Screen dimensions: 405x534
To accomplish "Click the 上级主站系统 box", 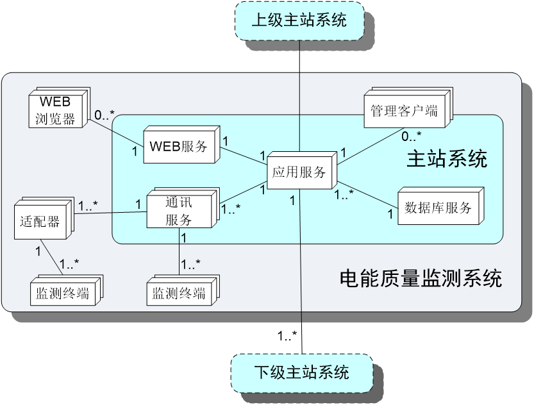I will click(x=299, y=20).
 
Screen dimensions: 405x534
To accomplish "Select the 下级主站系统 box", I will click(x=301, y=372).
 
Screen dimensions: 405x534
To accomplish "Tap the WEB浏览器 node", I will click(x=56, y=110).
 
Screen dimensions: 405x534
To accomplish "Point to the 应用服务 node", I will click(x=299, y=172).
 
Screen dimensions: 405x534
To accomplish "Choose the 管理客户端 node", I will click(x=404, y=111).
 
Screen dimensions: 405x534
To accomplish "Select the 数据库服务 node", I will click(x=438, y=207).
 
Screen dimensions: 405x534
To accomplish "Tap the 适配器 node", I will click(x=41, y=221).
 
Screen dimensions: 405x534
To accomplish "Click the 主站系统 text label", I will click(x=447, y=159).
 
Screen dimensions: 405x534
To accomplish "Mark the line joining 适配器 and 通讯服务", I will click(x=109, y=213).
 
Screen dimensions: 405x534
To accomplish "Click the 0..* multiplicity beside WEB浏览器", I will click(x=104, y=115).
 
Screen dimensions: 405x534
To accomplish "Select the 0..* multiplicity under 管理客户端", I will click(x=411, y=136).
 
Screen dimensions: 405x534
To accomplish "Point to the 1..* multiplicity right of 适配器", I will click(x=88, y=206).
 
